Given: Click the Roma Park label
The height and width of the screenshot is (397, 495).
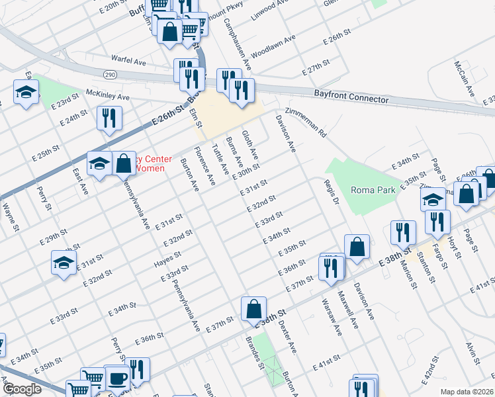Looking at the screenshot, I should coord(373,189).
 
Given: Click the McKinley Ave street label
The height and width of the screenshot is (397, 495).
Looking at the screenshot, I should coord(107,96).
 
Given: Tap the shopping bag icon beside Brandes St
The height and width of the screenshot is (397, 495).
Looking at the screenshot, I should coord(254,308).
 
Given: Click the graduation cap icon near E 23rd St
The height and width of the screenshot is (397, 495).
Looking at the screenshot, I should coord(26,92).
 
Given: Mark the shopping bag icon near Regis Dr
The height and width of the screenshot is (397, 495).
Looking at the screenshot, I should coord(357,247).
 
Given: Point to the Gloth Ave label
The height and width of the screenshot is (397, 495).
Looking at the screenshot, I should coord(249,145).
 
